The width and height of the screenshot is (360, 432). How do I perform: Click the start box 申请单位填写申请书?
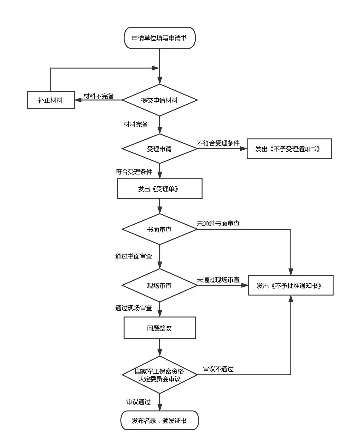pos(159,38)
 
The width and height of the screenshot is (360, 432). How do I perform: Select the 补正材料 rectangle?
pos(50,100)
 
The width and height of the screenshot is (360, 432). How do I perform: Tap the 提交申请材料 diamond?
pos(160,100)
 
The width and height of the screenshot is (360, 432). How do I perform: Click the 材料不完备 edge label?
pos(99,96)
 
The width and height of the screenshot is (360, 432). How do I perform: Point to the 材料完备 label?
pos(136,124)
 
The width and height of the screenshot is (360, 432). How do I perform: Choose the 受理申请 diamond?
pos(160,149)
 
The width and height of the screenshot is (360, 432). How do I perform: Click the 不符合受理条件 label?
pos(218,143)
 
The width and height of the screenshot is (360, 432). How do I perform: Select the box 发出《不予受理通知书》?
pos(289,149)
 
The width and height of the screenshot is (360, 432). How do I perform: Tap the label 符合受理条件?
pos(134,172)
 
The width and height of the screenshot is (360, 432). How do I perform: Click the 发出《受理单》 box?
pos(159,189)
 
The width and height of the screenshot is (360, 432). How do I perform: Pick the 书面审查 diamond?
pos(160,229)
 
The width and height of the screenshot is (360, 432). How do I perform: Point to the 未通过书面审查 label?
pos(218,223)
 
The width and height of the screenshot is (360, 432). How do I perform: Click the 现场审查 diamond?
pos(160,285)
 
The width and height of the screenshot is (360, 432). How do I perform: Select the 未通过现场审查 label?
pos(218,280)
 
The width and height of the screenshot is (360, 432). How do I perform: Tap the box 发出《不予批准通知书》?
pos(291,285)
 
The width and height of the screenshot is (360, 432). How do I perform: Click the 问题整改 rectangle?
pos(160,328)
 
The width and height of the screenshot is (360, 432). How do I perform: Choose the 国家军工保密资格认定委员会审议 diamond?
pos(160,375)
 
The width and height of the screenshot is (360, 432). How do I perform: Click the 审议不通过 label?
pos(218,369)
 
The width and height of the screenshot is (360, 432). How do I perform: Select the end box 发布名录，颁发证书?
pos(159,420)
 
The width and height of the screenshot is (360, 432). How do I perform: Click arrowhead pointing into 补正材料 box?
pos(77,100)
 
